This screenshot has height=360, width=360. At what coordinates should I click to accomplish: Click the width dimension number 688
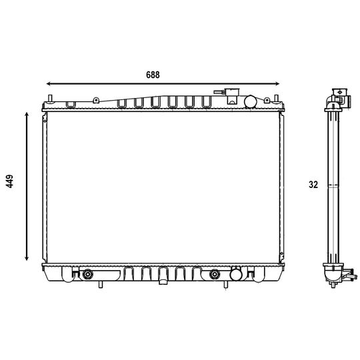point(153,75)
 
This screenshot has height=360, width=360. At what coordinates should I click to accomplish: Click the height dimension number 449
point(10,181)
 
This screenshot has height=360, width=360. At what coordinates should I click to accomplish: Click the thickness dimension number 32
point(313,185)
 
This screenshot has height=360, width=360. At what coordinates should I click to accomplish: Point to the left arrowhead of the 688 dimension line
point(49,83)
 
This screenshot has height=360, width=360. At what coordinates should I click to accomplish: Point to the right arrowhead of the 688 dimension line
point(277,83)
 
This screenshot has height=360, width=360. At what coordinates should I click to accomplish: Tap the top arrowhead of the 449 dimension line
point(27,115)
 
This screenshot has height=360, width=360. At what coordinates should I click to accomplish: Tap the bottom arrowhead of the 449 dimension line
point(27,258)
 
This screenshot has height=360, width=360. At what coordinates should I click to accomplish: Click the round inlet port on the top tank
point(251,101)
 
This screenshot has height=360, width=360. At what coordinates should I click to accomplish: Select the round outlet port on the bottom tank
point(236,275)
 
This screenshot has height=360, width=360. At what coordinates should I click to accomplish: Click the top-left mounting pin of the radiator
point(50,98)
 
